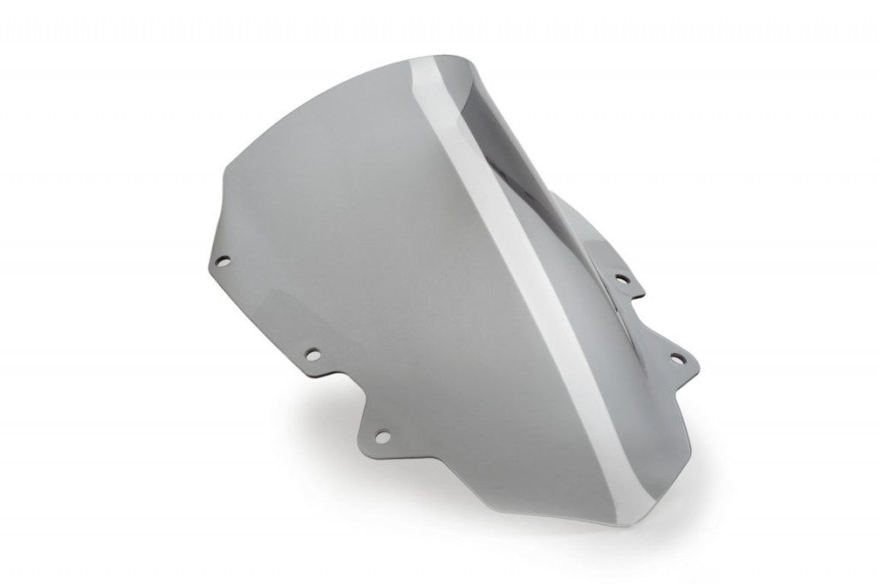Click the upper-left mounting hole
(x=222, y=260)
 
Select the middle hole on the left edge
(x=313, y=353)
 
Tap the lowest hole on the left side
(x=382, y=437)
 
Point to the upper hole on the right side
(x=622, y=278)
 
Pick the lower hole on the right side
(x=677, y=357)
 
